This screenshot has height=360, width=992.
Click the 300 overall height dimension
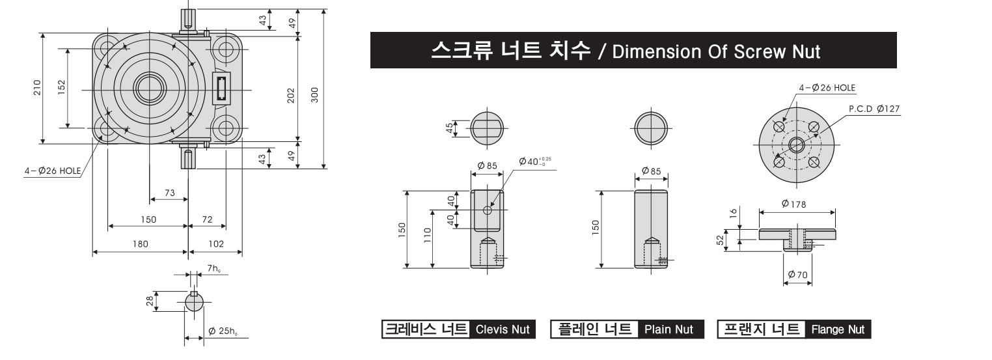click(315, 95)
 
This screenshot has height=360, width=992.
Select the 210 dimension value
click(37, 87)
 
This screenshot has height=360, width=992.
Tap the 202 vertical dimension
click(291, 96)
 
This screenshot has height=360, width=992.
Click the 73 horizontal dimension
click(170, 193)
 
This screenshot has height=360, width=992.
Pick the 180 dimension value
click(141, 244)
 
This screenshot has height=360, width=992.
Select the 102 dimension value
click(216, 244)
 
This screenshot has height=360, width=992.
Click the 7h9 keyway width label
click(214, 268)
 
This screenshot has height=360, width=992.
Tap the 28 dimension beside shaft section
click(150, 301)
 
